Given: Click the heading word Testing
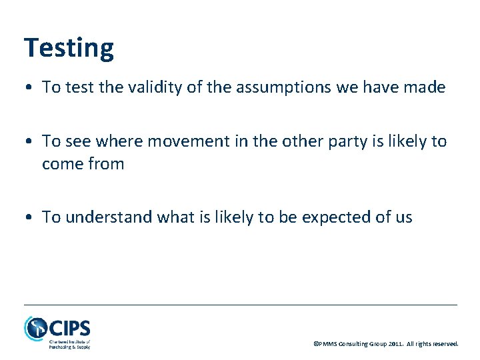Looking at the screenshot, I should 69,49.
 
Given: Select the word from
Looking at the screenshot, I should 107,164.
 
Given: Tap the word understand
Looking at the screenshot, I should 99,217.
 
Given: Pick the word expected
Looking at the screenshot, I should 344,217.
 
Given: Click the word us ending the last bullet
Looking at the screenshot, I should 403,218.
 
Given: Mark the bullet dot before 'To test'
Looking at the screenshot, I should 29,88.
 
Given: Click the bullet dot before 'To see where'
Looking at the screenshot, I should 29,142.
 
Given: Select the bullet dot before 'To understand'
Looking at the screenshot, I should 29,218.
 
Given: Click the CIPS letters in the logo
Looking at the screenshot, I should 69,327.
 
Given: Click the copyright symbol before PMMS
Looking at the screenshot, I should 316,344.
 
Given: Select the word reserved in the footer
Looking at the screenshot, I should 445,344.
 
